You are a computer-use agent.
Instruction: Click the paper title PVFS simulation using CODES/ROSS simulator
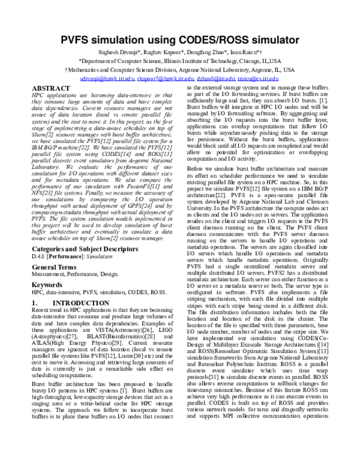click(180, 41)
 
